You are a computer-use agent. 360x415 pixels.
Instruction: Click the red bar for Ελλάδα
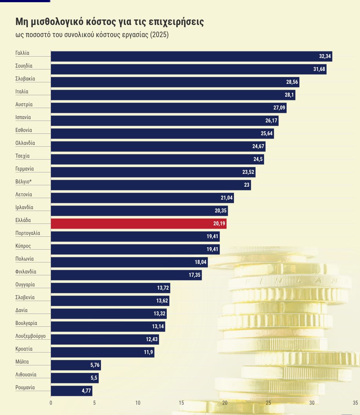pyautogui.click(x=138, y=223)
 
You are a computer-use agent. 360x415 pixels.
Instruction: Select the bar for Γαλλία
pyautogui.click(x=191, y=56)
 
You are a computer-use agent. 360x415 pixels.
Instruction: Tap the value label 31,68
pyautogui.click(x=319, y=69)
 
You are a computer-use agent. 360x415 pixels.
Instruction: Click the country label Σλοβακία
pyautogui.click(x=25, y=79)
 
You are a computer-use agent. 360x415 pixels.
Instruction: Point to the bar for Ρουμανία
pyautogui.click(x=71, y=391)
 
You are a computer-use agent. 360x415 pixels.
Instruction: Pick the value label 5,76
pyautogui.click(x=95, y=365)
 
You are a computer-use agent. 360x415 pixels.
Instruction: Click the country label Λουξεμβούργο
pyautogui.click(x=30, y=336)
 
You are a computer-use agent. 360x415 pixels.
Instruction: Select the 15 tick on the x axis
pyautogui.click(x=181, y=403)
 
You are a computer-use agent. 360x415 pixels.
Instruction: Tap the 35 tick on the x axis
pyautogui.click(x=355, y=403)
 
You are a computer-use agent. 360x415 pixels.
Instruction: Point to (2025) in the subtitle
pyautogui.click(x=159, y=35)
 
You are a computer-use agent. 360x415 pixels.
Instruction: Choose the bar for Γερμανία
pyautogui.click(x=153, y=172)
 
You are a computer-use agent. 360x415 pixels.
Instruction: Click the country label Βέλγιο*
pyautogui.click(x=23, y=182)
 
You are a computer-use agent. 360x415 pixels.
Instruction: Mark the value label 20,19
pyautogui.click(x=219, y=223)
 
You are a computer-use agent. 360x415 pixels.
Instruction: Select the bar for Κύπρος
pyautogui.click(x=135, y=249)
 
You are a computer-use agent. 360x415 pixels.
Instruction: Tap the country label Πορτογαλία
pyautogui.click(x=28, y=233)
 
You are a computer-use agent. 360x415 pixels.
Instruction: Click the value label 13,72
pyautogui.click(x=163, y=288)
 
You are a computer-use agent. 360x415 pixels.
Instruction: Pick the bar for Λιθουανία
pyautogui.click(x=75, y=378)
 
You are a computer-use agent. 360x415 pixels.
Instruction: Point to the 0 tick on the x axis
pyautogui.click(x=51, y=403)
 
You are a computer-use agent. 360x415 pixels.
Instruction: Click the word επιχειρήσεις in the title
pyautogui.click(x=176, y=22)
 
